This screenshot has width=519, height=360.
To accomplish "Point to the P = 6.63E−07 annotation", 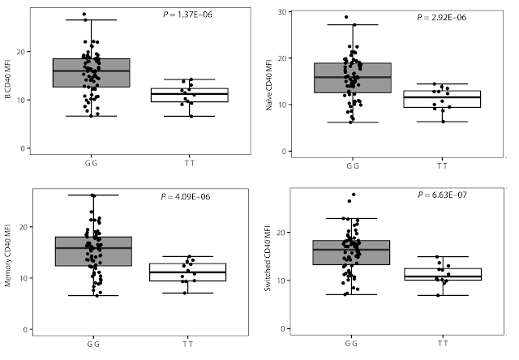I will click(x=446, y=195).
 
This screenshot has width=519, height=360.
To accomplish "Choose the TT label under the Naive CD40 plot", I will click(x=442, y=166).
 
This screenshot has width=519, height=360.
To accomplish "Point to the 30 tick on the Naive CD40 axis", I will click(x=279, y=11).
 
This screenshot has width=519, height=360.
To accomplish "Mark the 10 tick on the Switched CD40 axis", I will click(x=279, y=281).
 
